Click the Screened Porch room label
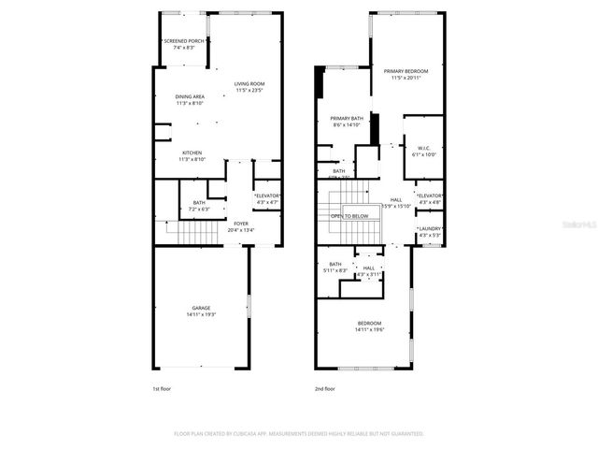184,41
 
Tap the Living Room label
249,84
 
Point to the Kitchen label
192,152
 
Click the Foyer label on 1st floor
241,224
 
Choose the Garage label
201,308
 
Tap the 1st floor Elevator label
268,195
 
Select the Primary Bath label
346,118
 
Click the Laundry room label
430,228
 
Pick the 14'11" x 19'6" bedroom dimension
369,330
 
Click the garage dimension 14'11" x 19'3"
201,315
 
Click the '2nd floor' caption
325,387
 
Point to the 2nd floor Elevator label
430,196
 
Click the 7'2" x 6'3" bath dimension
199,210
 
